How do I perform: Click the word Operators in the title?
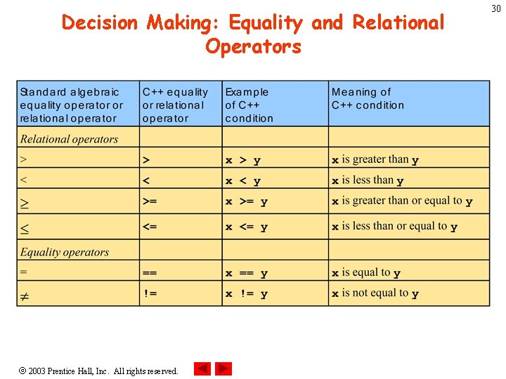click(253, 47)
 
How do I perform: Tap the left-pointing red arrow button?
click(202, 368)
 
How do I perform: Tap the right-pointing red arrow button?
click(223, 368)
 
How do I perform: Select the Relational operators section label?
click(69, 139)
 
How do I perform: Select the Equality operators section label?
click(65, 252)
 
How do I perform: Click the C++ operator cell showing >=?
click(150, 202)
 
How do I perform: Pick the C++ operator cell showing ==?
click(150, 273)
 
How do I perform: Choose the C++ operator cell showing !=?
click(150, 293)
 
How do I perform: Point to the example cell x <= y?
click(247, 227)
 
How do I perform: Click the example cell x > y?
click(243, 160)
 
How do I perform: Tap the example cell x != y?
click(247, 294)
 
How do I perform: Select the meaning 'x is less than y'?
click(368, 180)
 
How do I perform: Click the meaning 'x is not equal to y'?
click(375, 293)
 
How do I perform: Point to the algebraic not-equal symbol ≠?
click(24, 297)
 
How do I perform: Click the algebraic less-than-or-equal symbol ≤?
click(25, 228)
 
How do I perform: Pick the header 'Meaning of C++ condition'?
click(368, 98)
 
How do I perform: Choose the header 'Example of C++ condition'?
click(249, 105)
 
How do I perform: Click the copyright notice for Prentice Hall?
click(98, 371)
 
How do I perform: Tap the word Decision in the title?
click(100, 22)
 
